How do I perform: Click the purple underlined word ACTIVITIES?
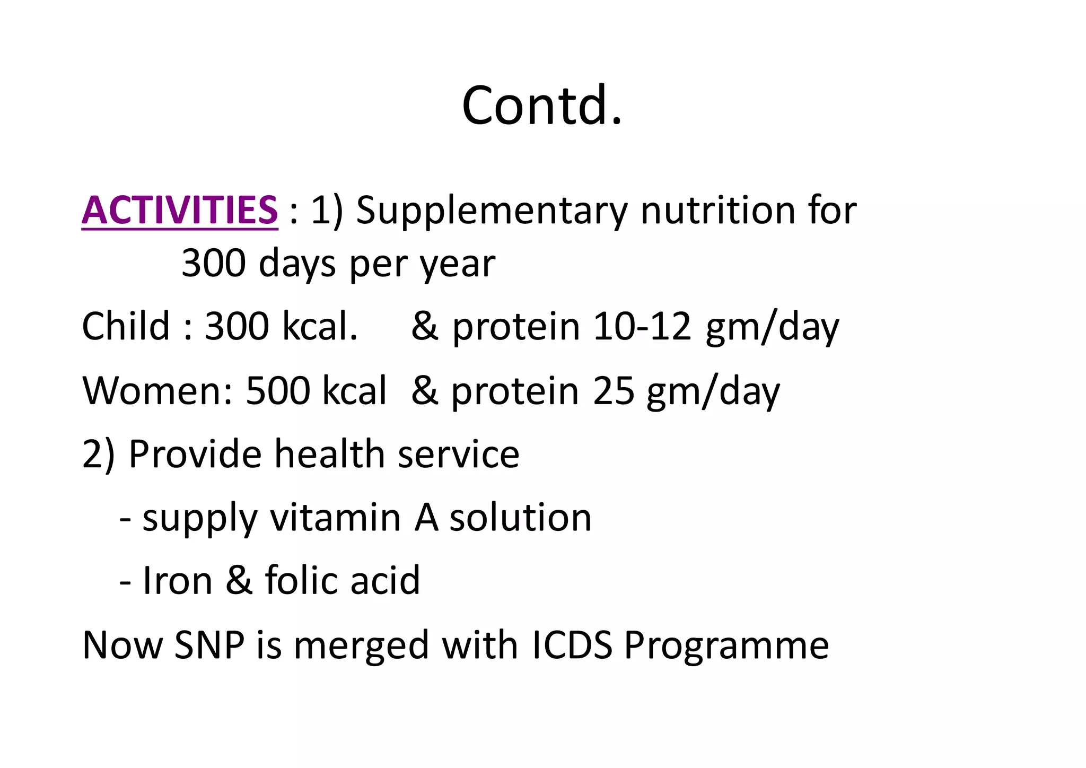tap(180, 211)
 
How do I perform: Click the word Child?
tap(125, 326)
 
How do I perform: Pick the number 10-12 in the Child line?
tap(642, 326)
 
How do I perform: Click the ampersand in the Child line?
tap(425, 326)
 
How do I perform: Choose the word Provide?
tap(195, 455)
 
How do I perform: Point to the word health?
tap(329, 455)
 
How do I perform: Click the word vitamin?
tap(335, 518)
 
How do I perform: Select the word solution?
tap(520, 518)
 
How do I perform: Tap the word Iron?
tap(178, 581)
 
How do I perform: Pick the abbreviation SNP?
tap(209, 645)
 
